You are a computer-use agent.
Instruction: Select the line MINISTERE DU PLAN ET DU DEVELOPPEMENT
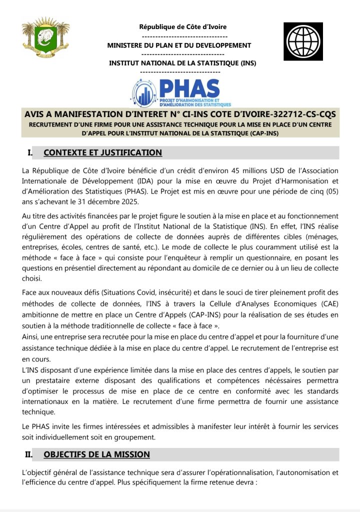click(x=179, y=45)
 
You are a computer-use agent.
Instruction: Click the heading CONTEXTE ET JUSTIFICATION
click(x=102, y=152)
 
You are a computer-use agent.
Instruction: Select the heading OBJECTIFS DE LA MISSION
click(x=96, y=454)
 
